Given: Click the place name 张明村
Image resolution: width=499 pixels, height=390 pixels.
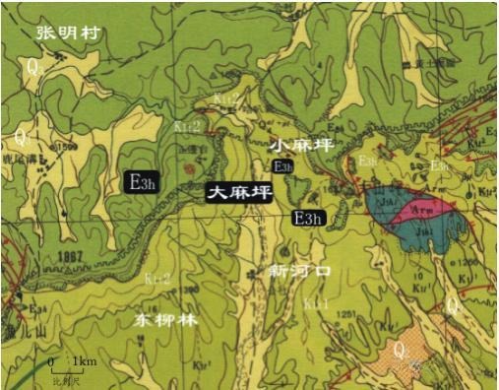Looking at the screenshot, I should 70,32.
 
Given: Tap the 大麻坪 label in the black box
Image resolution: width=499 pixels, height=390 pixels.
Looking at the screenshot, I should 237,194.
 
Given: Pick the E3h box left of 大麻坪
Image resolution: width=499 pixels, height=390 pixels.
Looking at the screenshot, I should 143,182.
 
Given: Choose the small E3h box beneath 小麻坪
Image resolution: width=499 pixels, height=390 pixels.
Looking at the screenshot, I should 283,167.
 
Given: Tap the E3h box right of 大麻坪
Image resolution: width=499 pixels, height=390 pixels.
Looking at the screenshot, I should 313,217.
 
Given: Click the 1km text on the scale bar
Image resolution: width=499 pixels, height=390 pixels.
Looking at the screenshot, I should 85,362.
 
